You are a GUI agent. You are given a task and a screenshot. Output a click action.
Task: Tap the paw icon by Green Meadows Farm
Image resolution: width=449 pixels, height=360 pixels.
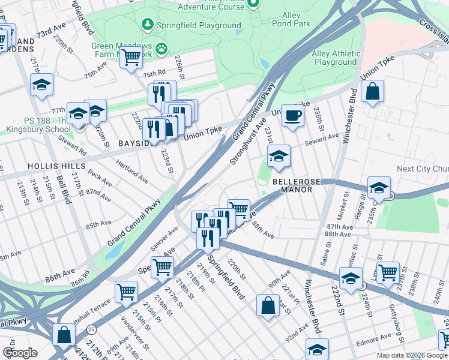pos(161,47)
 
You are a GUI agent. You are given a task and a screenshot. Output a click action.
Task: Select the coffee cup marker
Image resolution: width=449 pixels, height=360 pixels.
pos(292,115)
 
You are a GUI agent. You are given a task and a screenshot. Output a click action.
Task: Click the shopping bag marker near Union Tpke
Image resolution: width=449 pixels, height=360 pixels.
pos(373,92)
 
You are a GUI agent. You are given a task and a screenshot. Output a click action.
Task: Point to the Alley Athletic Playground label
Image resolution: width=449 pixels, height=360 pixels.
pos(334,58)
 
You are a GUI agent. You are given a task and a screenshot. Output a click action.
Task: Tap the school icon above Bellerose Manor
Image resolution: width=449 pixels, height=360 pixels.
pos(278,157)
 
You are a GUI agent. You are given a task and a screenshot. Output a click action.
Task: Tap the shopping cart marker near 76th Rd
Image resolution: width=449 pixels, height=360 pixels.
pos(130,58)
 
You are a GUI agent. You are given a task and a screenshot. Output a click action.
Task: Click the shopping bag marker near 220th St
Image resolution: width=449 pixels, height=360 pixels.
pos(267,305)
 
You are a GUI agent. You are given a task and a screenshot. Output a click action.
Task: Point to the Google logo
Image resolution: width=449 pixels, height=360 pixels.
pos(20,353)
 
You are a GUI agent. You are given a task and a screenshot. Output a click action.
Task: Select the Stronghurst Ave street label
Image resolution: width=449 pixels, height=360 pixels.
pos(247,143)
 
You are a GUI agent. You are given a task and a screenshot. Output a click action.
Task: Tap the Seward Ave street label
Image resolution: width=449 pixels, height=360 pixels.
pos(322,138)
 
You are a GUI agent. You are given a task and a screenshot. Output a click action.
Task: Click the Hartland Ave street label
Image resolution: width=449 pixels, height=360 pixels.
pos(132,172)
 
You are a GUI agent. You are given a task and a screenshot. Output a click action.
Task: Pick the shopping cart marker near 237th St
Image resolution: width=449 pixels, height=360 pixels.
pos(388,272)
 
